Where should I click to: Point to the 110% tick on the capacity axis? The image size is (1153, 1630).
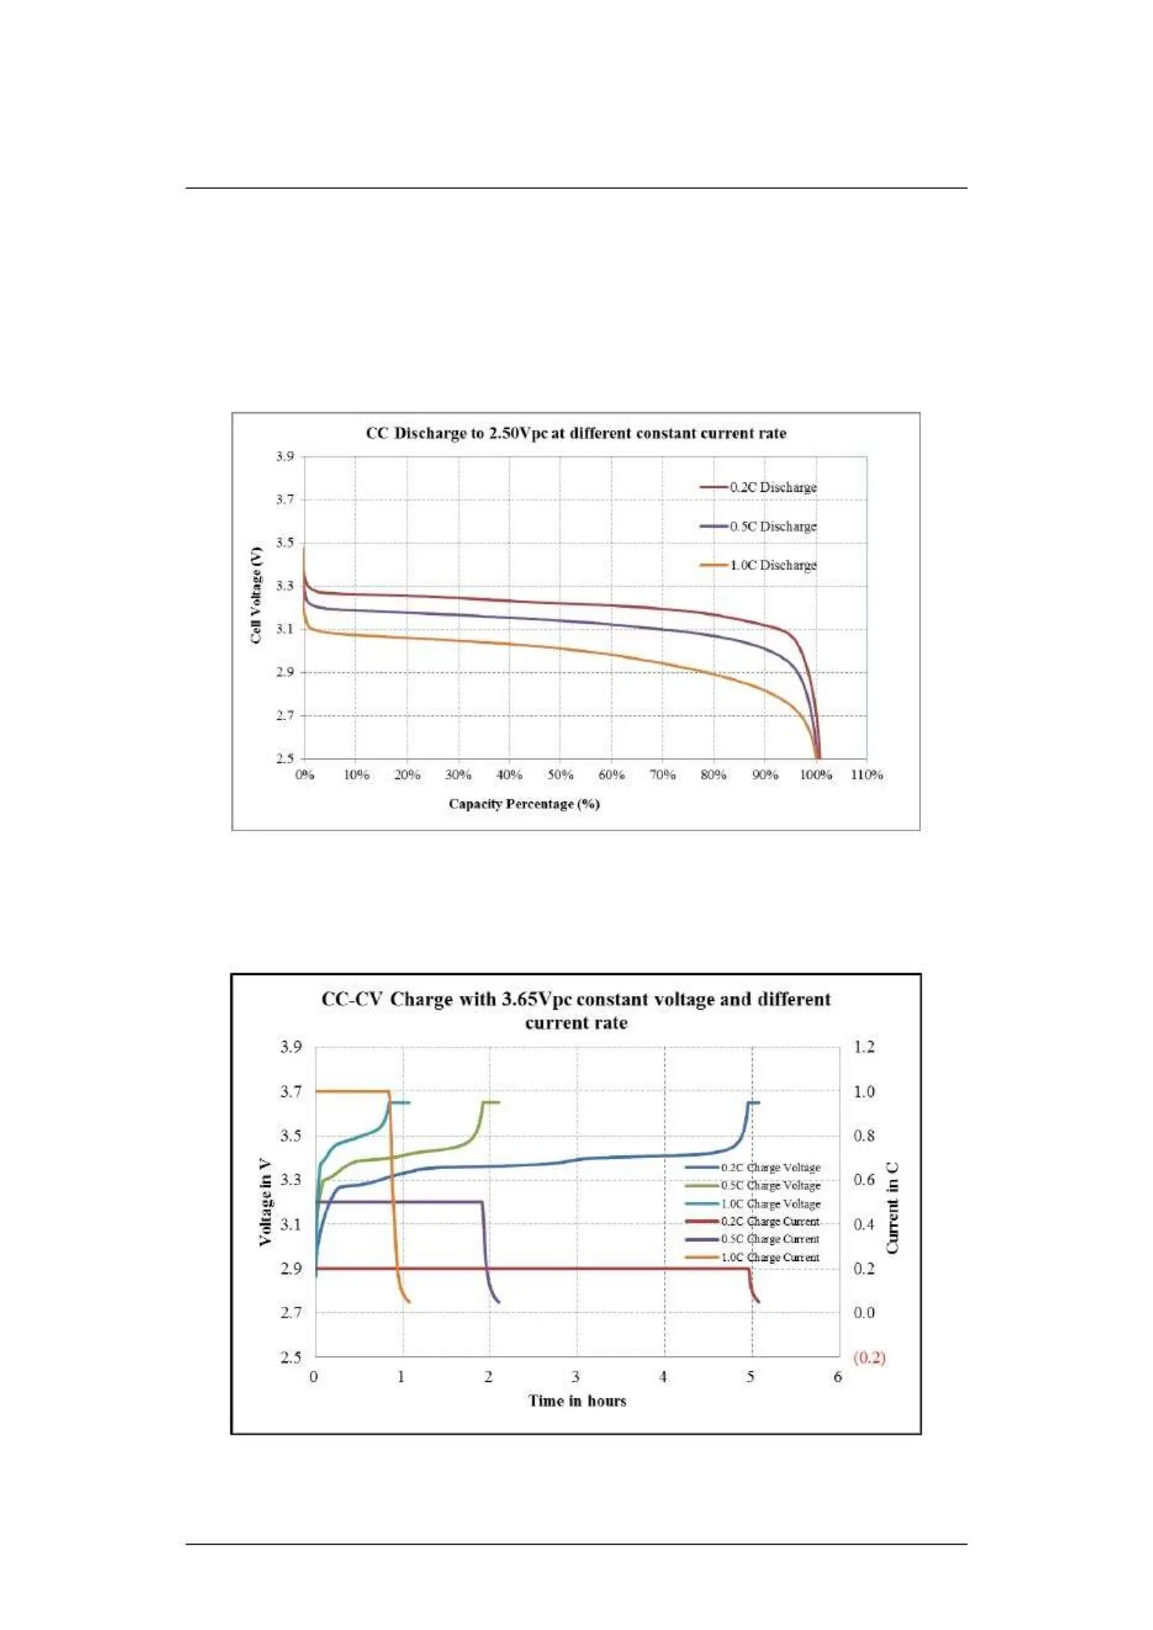866,775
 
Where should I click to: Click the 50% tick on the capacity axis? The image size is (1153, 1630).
560,775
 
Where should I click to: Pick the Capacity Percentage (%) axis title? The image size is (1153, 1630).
524,804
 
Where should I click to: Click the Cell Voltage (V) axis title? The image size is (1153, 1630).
256,596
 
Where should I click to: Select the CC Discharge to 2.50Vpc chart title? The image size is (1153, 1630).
576,433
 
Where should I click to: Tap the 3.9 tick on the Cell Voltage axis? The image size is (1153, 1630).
285,456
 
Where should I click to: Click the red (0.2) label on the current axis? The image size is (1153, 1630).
869,1357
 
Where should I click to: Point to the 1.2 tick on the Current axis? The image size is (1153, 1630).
864,1047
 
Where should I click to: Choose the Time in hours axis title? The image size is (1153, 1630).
577,1400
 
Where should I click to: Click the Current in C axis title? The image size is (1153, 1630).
893,1208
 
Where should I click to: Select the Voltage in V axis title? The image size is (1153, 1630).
265,1203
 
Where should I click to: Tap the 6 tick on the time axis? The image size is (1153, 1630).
838,1377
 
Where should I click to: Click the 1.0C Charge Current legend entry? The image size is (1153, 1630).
770,1257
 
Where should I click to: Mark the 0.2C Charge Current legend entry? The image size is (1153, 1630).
770,1221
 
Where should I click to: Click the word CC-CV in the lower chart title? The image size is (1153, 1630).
352,999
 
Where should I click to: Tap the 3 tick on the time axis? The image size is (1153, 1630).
576,1377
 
